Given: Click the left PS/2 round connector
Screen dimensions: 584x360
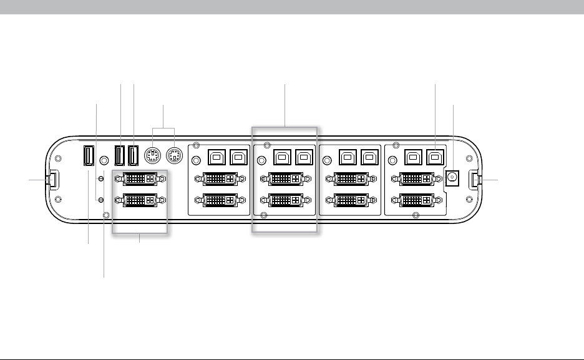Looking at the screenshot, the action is coord(152,155).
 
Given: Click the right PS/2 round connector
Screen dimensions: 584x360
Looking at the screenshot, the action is coord(175,155).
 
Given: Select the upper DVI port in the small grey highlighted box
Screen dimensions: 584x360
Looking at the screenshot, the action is coord(140,179).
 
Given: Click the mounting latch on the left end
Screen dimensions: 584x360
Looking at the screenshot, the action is coord(53,180).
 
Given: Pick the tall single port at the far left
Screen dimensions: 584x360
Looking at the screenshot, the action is coord(89,156).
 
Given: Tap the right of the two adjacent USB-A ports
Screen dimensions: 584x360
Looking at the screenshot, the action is coord(134,155).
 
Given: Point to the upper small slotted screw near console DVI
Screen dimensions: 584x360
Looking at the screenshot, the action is coord(101,178).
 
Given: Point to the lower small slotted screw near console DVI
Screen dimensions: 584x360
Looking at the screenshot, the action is coord(101,199).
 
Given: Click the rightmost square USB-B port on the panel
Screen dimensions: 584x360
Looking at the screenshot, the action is coord(434,155).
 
